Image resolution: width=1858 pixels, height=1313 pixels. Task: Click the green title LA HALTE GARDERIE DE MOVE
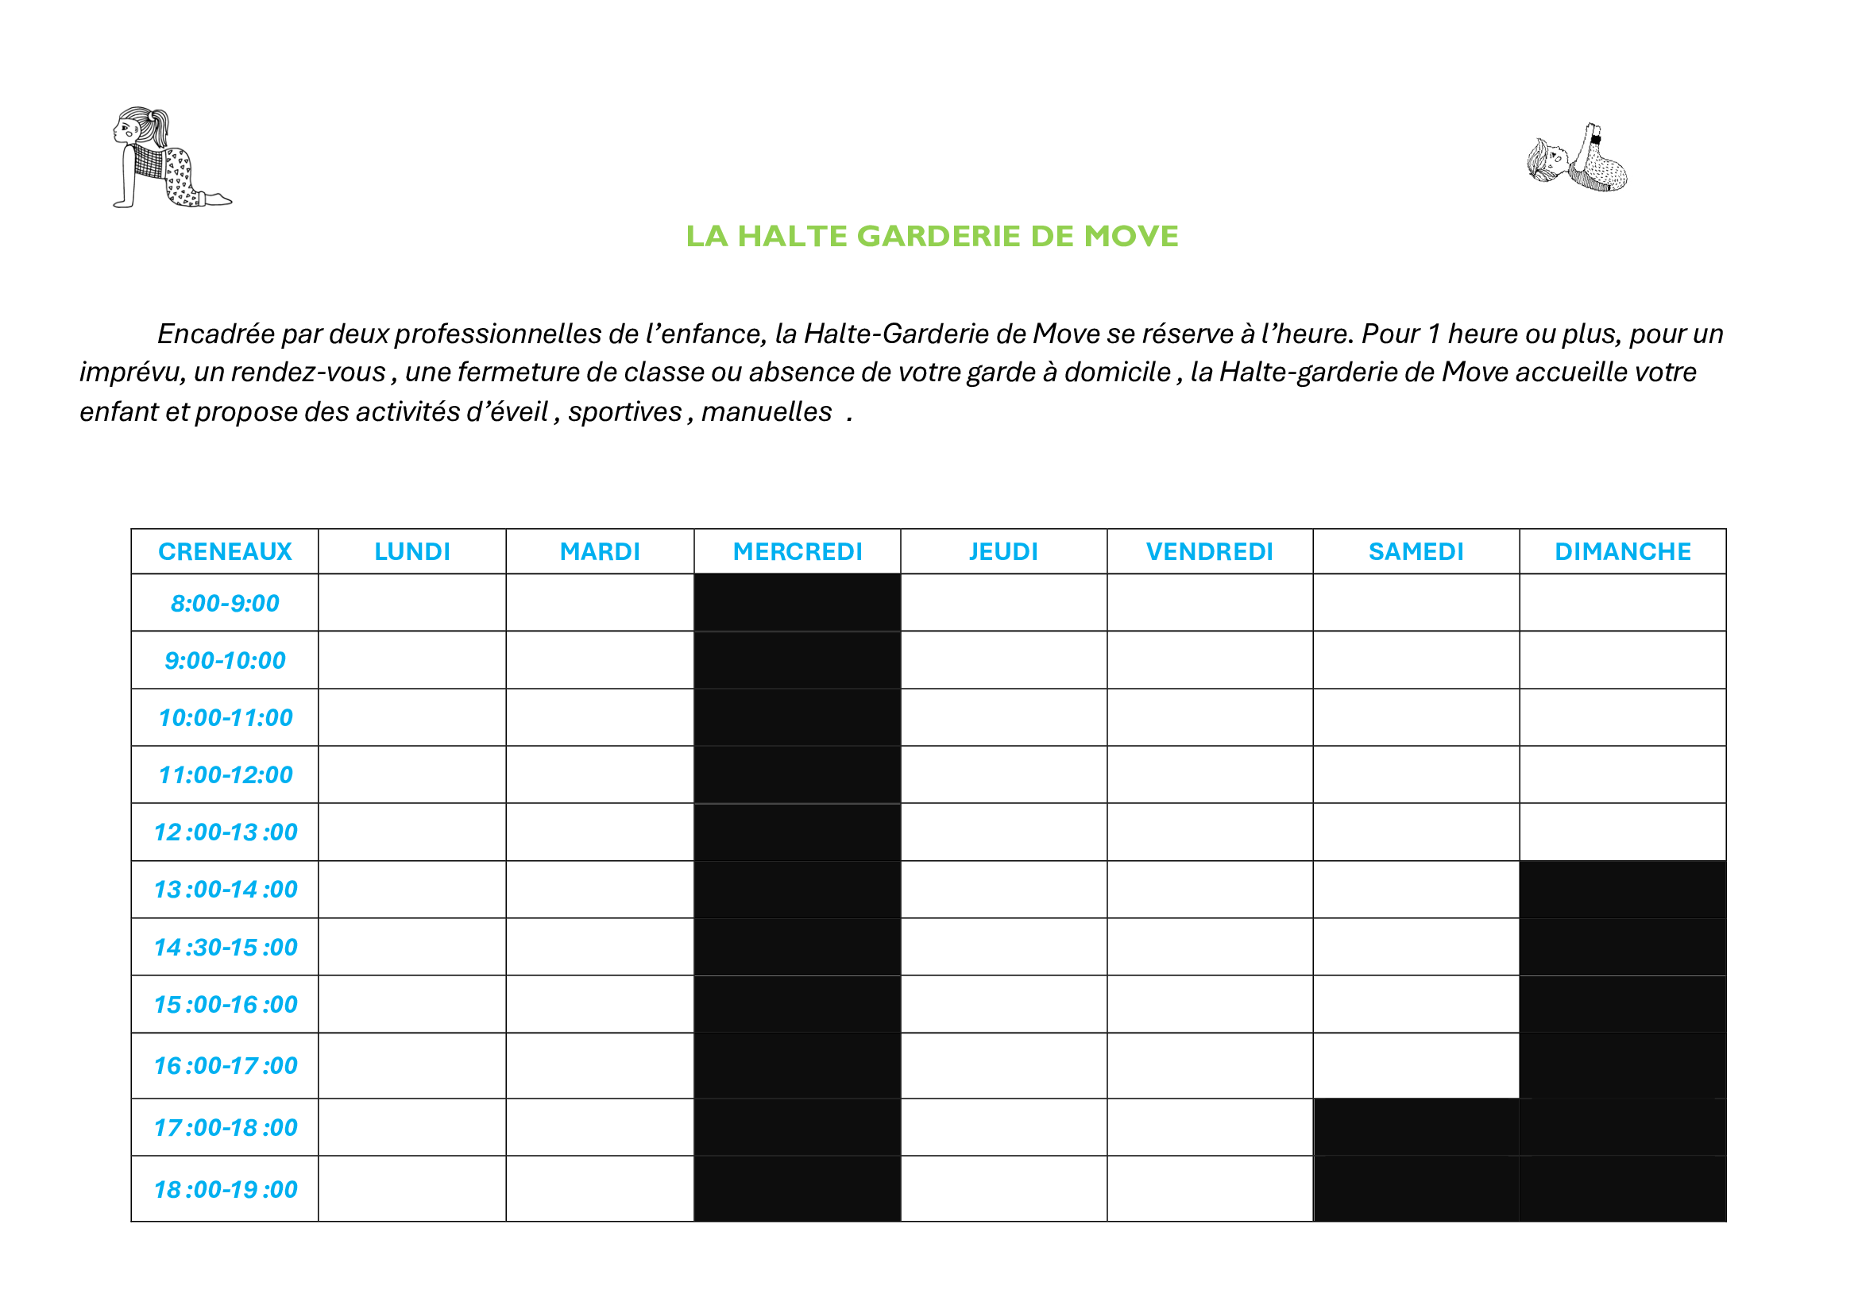(932, 236)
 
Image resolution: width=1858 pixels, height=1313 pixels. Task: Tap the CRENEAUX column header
(225, 552)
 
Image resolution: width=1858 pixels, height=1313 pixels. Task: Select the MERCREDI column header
(797, 552)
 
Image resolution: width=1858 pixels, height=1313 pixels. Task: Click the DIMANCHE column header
(1623, 552)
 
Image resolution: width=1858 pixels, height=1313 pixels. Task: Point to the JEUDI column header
(1003, 552)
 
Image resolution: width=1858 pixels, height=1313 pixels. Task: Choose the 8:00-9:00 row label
(225, 604)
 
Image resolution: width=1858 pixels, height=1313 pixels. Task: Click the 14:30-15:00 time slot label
(226, 948)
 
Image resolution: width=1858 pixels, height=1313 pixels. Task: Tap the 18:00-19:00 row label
(226, 1189)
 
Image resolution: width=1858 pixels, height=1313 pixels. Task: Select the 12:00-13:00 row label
(226, 832)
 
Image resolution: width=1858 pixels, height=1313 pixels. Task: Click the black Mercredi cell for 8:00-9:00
(797, 603)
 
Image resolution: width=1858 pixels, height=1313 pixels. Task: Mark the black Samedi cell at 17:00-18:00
(1416, 1127)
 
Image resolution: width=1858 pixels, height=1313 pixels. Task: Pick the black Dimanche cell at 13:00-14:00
(1623, 890)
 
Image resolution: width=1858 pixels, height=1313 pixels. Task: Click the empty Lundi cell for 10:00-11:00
(412, 717)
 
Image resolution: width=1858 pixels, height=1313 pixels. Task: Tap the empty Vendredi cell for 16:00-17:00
(1210, 1065)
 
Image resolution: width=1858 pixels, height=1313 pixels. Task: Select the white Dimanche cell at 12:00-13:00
(1623, 832)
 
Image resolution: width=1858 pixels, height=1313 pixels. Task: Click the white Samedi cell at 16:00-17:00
(1416, 1065)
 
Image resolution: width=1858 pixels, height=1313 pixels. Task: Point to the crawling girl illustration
(172, 157)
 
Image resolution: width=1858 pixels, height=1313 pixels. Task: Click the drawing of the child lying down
(1578, 158)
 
